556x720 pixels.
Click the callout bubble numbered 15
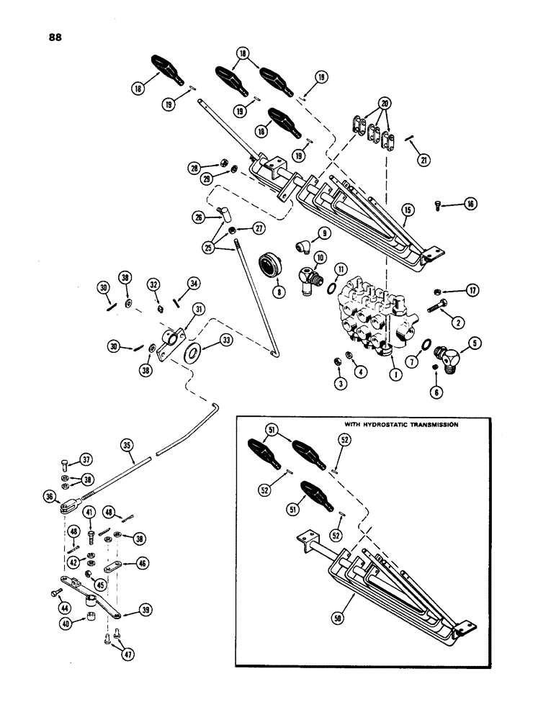[408, 210]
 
